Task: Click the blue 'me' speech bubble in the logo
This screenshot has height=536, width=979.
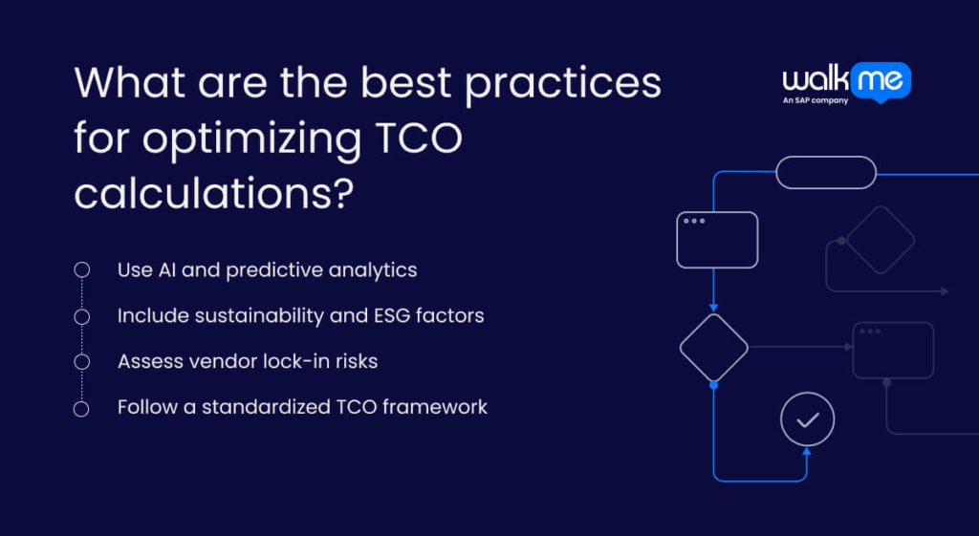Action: (882, 80)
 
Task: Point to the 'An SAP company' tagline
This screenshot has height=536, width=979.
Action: (816, 100)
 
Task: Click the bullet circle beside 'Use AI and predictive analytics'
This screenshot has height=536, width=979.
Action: (82, 270)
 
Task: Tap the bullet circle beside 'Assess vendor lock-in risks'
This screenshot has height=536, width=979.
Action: (82, 362)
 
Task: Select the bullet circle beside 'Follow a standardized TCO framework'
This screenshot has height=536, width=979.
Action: (82, 408)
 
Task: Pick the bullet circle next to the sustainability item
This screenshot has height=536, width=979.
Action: (82, 316)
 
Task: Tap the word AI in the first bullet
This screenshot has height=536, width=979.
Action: (164, 269)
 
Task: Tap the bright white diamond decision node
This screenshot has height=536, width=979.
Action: (713, 347)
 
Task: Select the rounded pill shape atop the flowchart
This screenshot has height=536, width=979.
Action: (825, 173)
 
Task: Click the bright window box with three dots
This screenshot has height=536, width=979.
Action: (717, 239)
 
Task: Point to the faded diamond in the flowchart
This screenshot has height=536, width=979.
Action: (881, 239)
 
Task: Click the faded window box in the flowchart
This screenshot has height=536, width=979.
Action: (893, 350)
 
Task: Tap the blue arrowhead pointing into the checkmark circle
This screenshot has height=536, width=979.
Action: (807, 452)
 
